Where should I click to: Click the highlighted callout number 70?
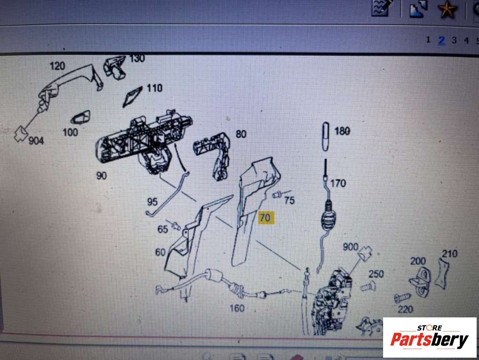265,218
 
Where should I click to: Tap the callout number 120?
58,66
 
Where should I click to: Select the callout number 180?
342,131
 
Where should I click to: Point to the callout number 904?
36,140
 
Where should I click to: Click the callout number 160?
237,308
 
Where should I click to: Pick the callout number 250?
376,274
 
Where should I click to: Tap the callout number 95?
152,202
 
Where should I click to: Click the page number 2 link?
442,40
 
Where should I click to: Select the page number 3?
454,40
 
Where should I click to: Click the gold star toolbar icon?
447,9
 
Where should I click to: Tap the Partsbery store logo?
429,338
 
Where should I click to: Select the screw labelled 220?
402,297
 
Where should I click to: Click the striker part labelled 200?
421,281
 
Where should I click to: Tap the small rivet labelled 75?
277,194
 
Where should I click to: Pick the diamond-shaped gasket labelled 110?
132,97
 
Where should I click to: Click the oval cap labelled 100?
80,118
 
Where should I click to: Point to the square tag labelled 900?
365,254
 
